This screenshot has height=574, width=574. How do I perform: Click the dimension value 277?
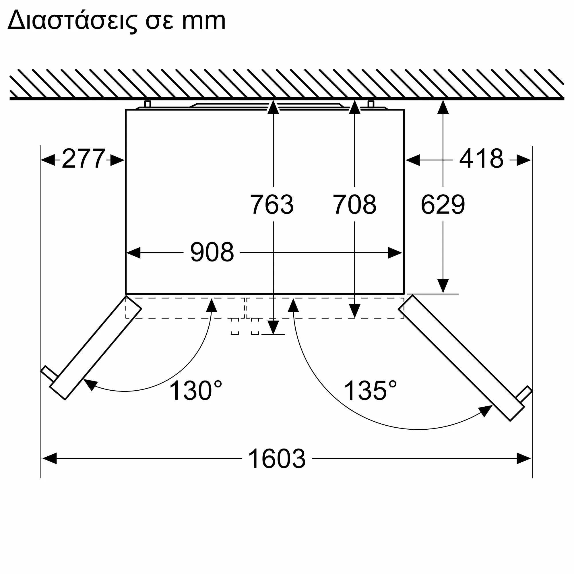84,159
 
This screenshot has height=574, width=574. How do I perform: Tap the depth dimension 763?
272,204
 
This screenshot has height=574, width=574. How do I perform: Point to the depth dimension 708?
354,204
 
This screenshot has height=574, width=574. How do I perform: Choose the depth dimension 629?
443,204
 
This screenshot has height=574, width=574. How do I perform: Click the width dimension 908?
212,252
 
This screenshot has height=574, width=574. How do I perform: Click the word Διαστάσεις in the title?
72,20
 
